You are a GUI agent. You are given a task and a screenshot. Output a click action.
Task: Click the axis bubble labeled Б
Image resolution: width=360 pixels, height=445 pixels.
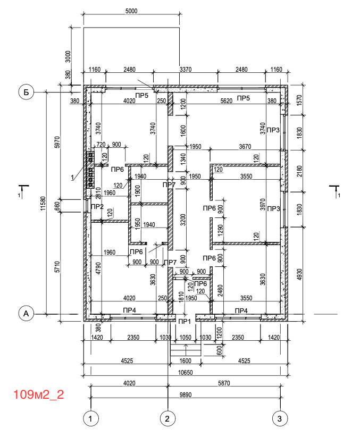26,92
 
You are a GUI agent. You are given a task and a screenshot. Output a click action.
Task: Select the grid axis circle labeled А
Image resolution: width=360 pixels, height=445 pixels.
26,314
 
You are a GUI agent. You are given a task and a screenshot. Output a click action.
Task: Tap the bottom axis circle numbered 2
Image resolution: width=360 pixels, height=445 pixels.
167,418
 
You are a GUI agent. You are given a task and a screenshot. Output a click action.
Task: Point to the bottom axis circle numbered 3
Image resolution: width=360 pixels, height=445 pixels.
280,418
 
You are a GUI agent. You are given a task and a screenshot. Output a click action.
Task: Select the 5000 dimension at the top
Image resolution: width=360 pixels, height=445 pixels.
131,11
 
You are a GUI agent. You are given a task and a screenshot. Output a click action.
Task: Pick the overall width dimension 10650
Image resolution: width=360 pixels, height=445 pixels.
186,372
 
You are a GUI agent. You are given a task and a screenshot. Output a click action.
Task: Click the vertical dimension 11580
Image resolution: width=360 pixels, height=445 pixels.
43,203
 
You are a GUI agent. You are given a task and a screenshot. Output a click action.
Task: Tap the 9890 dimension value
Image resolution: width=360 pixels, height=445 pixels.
186,395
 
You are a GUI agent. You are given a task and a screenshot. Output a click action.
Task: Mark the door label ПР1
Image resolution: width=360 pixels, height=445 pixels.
185,322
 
